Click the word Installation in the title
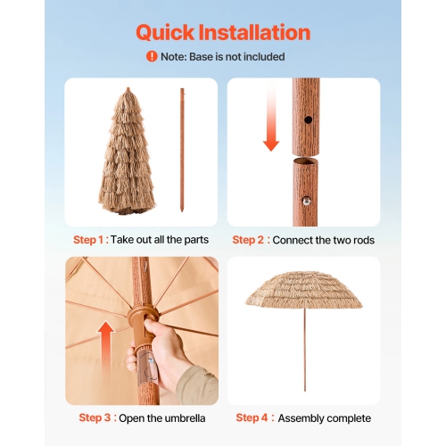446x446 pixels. pyautogui.click(x=259, y=33)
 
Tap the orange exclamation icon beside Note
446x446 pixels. pyautogui.click(x=152, y=57)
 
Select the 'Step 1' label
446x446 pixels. pyautogui.click(x=89, y=240)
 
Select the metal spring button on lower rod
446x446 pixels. pyautogui.click(x=308, y=202)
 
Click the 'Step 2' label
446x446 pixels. pyautogui.click(x=250, y=240)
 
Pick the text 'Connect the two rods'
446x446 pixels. pyautogui.click(x=323, y=240)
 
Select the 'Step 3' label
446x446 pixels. pyautogui.click(x=95, y=417)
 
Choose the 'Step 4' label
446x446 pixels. pyautogui.click(x=253, y=417)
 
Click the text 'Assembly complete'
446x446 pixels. pyautogui.click(x=324, y=417)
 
